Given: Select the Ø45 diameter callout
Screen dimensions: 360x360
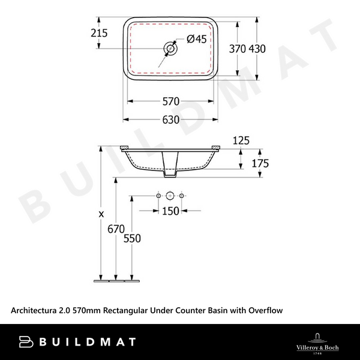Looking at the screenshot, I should pyautogui.click(x=197, y=39).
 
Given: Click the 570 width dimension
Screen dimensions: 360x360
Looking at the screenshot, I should pyautogui.click(x=171, y=101).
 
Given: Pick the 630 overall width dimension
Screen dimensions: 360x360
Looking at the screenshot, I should pyautogui.click(x=171, y=119).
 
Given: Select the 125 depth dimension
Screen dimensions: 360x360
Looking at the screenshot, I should pyautogui.click(x=241, y=140).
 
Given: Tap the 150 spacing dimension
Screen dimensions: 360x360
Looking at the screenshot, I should pyautogui.click(x=171, y=211).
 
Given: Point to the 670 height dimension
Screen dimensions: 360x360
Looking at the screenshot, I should pyautogui.click(x=116, y=229).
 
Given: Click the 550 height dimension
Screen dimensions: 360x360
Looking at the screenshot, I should pyautogui.click(x=132, y=238).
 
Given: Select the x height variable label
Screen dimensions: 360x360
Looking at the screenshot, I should pyautogui.click(x=101, y=213).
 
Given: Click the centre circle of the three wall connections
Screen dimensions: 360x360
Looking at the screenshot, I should pyautogui.click(x=170, y=196).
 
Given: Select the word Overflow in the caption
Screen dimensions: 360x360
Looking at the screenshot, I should pyautogui.click(x=262, y=310).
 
